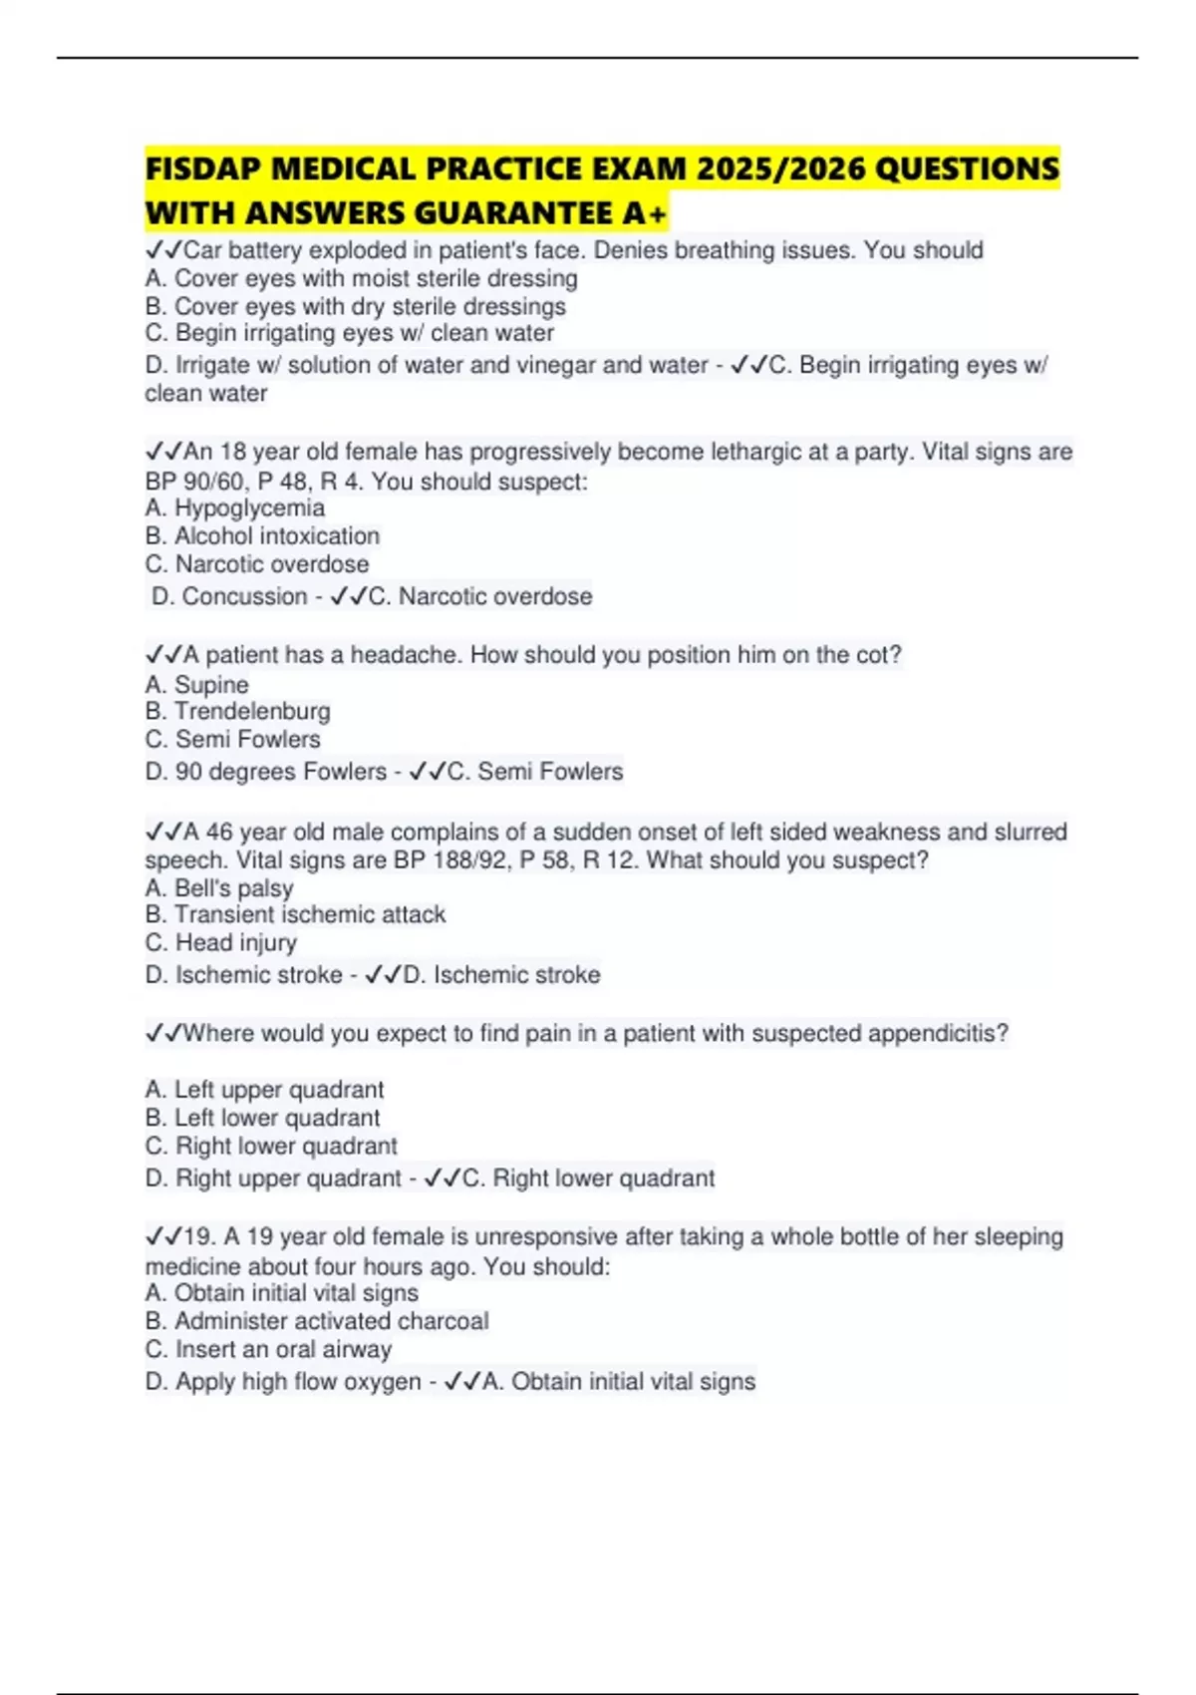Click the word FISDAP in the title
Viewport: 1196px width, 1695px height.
[x=203, y=169]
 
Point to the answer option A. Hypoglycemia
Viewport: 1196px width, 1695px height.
[x=234, y=508]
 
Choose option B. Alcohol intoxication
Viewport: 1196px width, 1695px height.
[x=262, y=535]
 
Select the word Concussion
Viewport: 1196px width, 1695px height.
[x=244, y=596]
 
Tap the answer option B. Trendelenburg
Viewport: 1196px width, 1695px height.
[x=237, y=711]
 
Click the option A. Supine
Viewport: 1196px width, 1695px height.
[x=196, y=685]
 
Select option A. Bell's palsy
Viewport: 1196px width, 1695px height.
[x=219, y=888]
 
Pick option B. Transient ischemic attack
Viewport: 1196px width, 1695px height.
[x=295, y=914]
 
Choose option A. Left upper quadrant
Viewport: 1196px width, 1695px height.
[x=264, y=1090]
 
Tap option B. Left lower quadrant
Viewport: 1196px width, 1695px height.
[x=262, y=1118]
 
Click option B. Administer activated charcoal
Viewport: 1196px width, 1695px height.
[x=317, y=1321]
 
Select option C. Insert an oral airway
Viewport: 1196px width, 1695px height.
[x=268, y=1349]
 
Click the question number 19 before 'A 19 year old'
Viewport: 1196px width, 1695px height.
[x=198, y=1237]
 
